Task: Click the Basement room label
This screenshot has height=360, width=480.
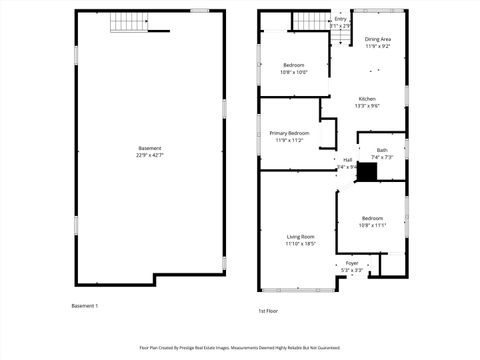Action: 149,148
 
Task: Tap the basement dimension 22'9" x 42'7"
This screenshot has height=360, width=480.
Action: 149,155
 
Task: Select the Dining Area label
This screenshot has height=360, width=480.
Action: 377,39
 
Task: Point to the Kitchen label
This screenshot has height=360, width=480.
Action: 367,98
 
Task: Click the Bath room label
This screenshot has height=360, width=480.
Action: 382,150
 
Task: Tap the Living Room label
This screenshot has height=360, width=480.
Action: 300,236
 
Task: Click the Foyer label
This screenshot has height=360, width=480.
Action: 352,263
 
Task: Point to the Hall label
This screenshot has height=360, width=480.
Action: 348,160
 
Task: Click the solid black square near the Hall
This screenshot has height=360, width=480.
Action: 367,172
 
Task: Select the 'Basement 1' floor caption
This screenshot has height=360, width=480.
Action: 85,305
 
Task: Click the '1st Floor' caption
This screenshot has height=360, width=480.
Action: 268,310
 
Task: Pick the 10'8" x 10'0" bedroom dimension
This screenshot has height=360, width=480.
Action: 294,72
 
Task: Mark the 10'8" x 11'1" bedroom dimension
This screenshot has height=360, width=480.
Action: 372,225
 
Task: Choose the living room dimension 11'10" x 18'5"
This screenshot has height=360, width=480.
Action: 300,243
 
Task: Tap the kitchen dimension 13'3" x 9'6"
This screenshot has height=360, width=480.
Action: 367,105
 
